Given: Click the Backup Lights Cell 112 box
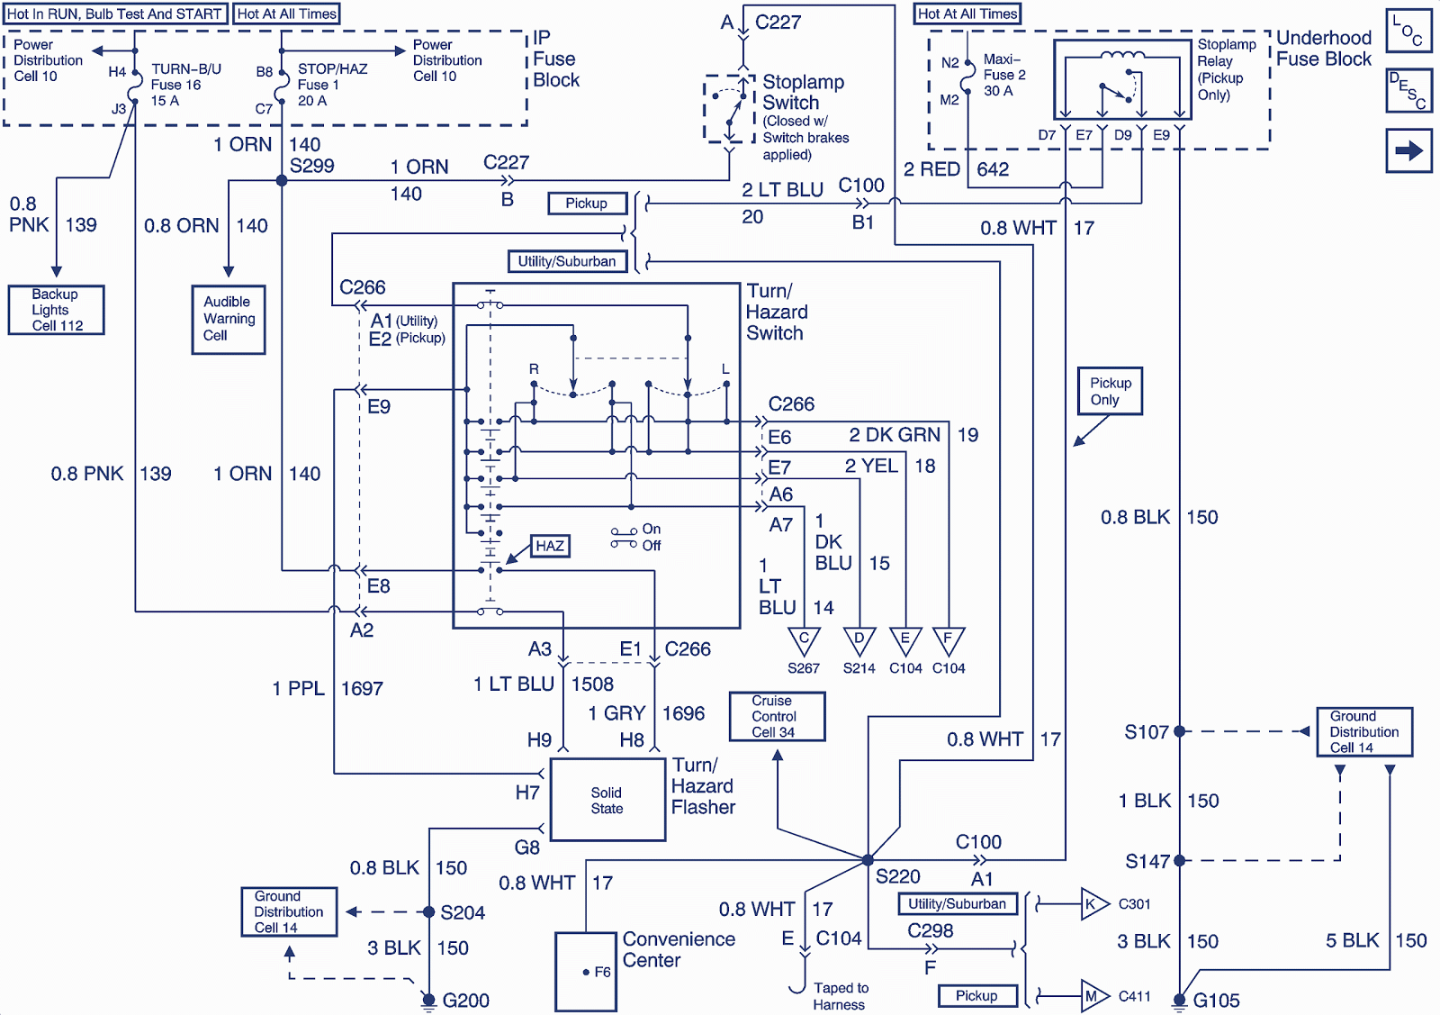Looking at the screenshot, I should point(56,310).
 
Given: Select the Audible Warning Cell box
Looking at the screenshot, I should point(229,319).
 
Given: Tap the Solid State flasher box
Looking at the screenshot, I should point(607,800).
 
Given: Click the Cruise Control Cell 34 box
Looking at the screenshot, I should point(776,716).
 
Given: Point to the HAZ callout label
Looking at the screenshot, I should point(550,546).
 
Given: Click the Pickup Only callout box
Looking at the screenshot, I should point(1110,391).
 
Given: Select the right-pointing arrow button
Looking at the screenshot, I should point(1408,150).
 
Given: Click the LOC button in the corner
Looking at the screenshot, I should point(1408,31).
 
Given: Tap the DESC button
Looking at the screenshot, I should point(1408,90).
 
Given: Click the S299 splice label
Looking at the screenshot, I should point(312,166).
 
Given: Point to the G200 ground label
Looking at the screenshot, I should point(465,1000).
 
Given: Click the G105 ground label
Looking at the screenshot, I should point(1216,1001).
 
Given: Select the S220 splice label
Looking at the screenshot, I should point(897,876).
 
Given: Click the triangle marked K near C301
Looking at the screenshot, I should point(1093,904).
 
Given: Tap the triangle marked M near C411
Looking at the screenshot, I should point(1093,996).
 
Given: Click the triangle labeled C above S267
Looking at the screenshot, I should point(804,639).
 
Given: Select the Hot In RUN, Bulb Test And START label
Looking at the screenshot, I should point(114,14).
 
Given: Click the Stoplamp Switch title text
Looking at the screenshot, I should point(803,92).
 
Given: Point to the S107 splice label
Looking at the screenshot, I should point(1146,732).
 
